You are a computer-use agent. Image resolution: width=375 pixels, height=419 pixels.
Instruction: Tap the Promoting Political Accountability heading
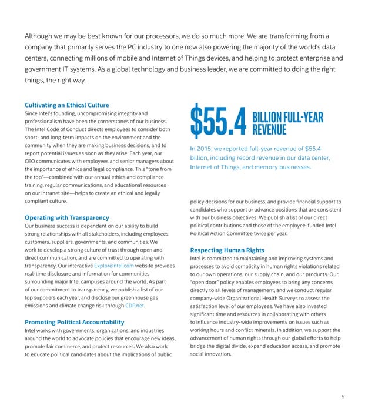tap(74, 322)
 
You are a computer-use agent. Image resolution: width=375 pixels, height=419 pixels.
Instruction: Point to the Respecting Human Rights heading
tap(227, 250)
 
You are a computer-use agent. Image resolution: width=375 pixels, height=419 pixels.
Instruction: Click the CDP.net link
tap(136, 306)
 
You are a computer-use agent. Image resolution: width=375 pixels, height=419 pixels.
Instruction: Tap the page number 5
tap(343, 397)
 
